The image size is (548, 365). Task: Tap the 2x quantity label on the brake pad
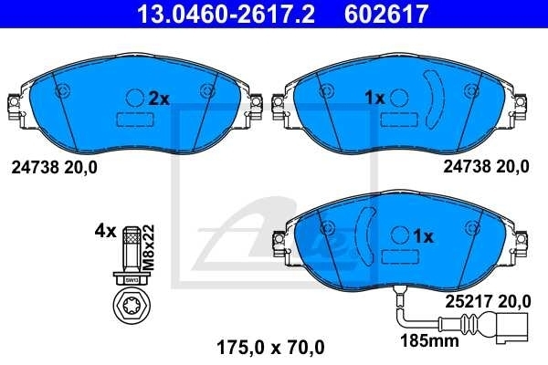pyautogui.click(x=160, y=98)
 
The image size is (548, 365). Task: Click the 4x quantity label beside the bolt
pyautogui.click(x=105, y=231)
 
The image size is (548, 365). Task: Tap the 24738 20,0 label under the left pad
pyautogui.click(x=54, y=166)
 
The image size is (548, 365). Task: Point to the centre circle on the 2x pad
pyautogui.click(x=134, y=98)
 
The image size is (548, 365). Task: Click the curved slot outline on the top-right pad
pyautogui.click(x=435, y=99)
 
